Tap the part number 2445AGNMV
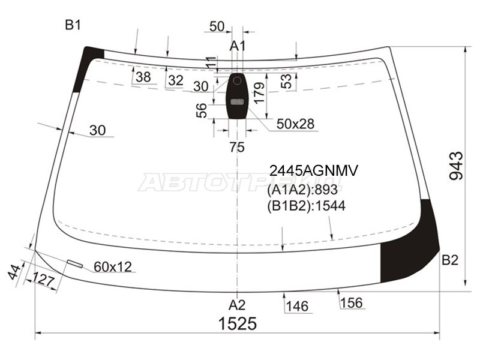coord(313,172)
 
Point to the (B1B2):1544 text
coord(306,206)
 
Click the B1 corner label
coord(73,25)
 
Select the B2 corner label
coord(450,260)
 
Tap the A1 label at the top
coord(238,46)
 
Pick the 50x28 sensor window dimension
coord(295,124)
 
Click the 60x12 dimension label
coord(112,266)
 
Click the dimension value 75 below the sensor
coord(237,147)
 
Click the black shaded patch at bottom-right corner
coord(414,246)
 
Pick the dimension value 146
coord(297,307)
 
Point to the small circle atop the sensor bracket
coord(237,80)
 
